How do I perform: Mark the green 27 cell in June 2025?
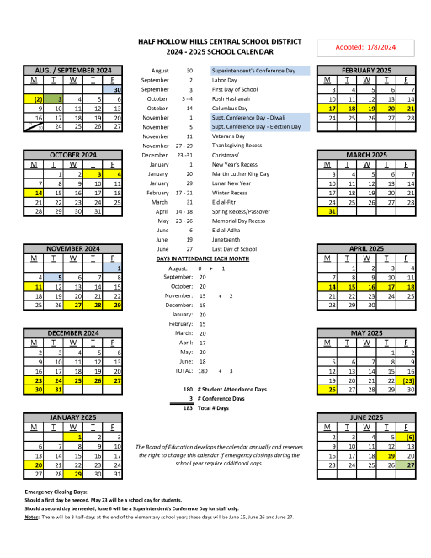tap(409, 464)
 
